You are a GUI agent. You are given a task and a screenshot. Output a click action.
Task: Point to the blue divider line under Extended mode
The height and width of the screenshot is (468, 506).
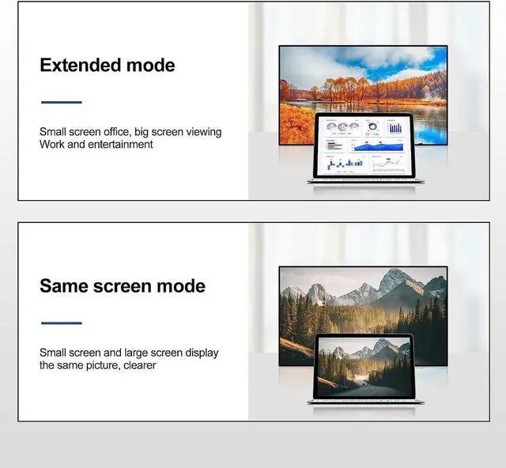coord(62,102)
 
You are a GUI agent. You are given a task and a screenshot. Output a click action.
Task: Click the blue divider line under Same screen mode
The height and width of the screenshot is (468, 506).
coord(62,323)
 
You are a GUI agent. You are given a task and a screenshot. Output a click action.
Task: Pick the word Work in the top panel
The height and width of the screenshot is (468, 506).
coord(52,145)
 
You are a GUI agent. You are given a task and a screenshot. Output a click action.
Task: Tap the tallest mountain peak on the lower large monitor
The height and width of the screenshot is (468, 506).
coord(393,277)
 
